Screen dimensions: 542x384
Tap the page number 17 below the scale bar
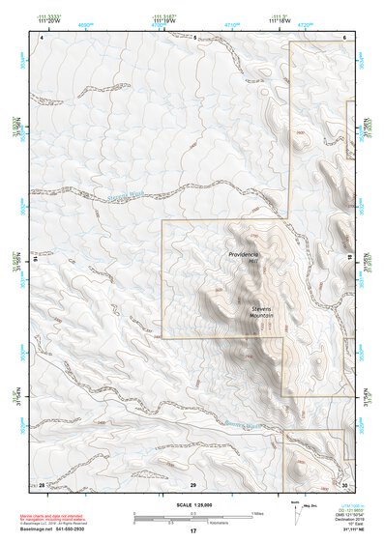[x=192, y=531]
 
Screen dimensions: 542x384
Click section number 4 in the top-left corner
[x=42, y=37]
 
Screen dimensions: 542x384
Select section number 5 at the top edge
[x=193, y=38]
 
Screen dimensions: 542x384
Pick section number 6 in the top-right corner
[x=343, y=37]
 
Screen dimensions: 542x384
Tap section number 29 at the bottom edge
[x=193, y=483]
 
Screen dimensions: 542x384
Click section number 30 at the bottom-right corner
[x=343, y=483]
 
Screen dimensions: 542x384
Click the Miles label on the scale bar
[x=254, y=513]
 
